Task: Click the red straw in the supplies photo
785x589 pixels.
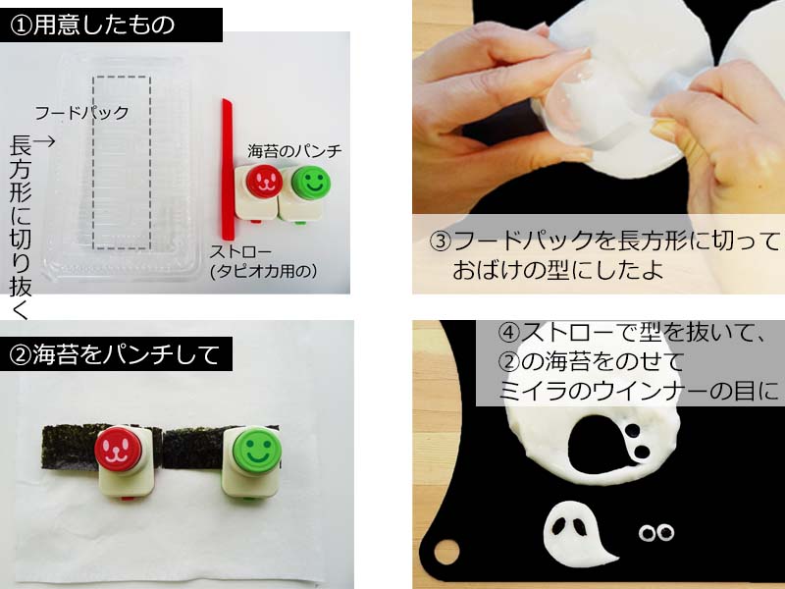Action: point(228,169)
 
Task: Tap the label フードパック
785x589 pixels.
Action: point(81,113)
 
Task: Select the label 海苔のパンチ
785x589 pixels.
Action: point(294,151)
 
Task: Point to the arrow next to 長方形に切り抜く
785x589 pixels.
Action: point(44,141)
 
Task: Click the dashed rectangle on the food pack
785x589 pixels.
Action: point(122,162)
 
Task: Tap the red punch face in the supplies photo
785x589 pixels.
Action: point(263,181)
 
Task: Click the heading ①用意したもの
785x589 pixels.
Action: point(92,25)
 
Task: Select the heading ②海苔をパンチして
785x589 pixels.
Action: point(114,354)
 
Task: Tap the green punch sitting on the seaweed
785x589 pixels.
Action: point(252,460)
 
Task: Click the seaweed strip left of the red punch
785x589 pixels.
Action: point(70,447)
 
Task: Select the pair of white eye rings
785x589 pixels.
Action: point(656,533)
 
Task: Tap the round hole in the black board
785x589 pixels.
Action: point(446,552)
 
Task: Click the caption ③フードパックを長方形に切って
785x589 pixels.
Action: point(604,241)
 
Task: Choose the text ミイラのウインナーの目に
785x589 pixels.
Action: point(640,390)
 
